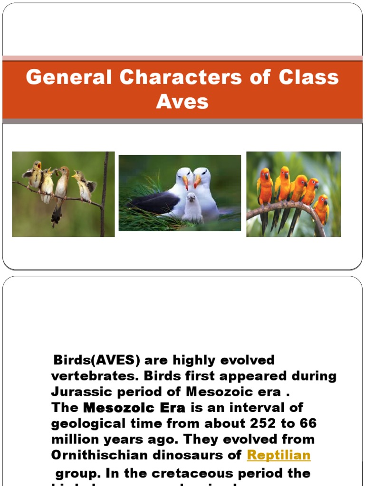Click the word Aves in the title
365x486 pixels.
(x=182, y=101)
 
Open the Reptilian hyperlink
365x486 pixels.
(x=279, y=455)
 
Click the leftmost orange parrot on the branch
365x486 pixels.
(x=265, y=187)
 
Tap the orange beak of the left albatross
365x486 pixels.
(x=185, y=182)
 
